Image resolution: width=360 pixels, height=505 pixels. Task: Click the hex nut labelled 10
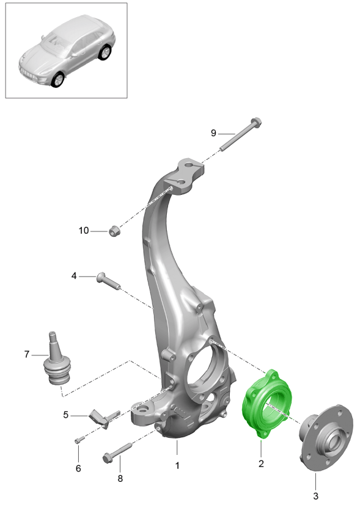click(x=114, y=231)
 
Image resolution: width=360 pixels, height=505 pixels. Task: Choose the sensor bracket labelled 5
click(x=103, y=419)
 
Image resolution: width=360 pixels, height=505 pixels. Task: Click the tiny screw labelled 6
click(x=79, y=439)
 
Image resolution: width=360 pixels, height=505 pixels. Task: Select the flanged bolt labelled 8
click(x=117, y=452)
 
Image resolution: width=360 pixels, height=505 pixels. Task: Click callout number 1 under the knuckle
click(x=177, y=465)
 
